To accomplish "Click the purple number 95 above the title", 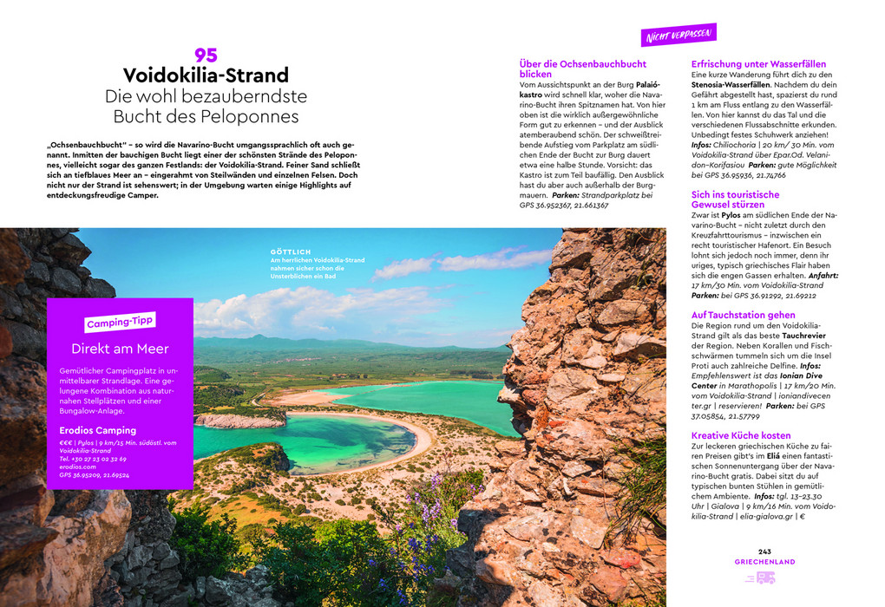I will [x=206, y=55].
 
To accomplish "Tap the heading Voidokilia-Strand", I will [x=206, y=75].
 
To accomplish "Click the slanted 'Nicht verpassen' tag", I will [x=678, y=35].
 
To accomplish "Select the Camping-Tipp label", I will [x=120, y=323].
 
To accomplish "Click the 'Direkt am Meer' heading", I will [x=120, y=349].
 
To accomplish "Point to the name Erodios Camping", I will [x=98, y=430].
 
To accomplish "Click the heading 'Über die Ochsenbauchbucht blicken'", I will [x=582, y=69].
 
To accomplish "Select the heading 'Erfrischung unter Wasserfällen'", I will [x=758, y=64].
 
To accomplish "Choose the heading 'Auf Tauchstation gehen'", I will [x=743, y=315].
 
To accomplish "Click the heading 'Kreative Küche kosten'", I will [x=741, y=435].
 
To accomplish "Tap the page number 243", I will [x=764, y=552].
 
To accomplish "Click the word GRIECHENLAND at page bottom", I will [x=764, y=562].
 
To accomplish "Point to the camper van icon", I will [x=765, y=578].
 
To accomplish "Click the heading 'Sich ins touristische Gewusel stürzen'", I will [x=735, y=199].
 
